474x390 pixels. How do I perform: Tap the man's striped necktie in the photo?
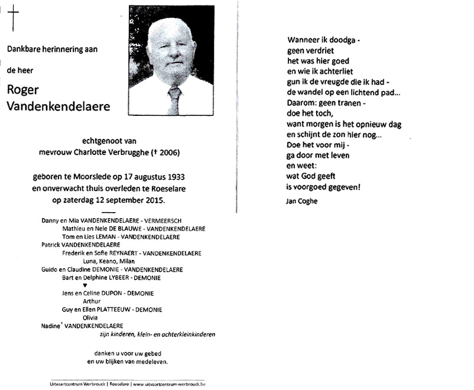[174, 99]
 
